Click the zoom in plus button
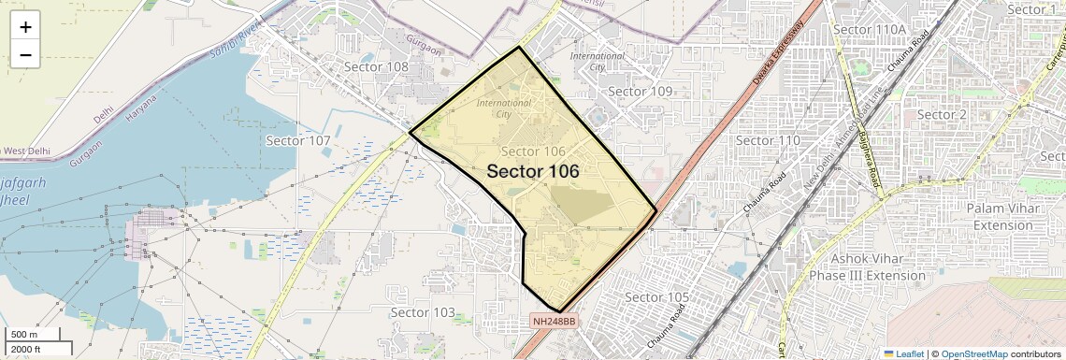25,26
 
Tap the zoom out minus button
25,55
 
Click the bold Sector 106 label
533,172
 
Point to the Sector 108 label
376,67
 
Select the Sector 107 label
298,140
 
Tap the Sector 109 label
641,92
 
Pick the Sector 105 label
656,297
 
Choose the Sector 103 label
423,312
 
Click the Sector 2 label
941,114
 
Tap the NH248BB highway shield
555,322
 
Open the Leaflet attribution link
904,353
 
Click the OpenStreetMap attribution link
973,353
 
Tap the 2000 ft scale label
25,349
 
